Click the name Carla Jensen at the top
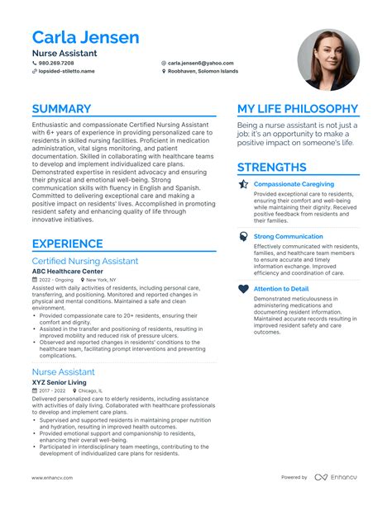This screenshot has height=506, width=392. [x=85, y=38]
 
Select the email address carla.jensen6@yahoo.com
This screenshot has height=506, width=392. [x=200, y=63]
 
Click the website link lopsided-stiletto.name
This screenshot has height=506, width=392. [x=66, y=72]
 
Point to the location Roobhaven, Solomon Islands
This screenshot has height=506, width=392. [x=203, y=72]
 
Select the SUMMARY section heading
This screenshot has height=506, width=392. [x=61, y=109]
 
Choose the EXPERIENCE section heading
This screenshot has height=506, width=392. [x=68, y=244]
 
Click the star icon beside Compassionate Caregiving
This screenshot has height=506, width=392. [x=243, y=184]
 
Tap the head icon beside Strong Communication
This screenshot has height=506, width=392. [x=243, y=236]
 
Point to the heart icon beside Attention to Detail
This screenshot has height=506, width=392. [x=243, y=289]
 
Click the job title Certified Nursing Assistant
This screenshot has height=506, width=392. [x=85, y=261]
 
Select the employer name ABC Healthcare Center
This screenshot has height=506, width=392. [x=68, y=271]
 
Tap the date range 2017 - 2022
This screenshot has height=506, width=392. [x=51, y=390]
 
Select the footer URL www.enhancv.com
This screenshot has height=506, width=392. [x=54, y=478]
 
